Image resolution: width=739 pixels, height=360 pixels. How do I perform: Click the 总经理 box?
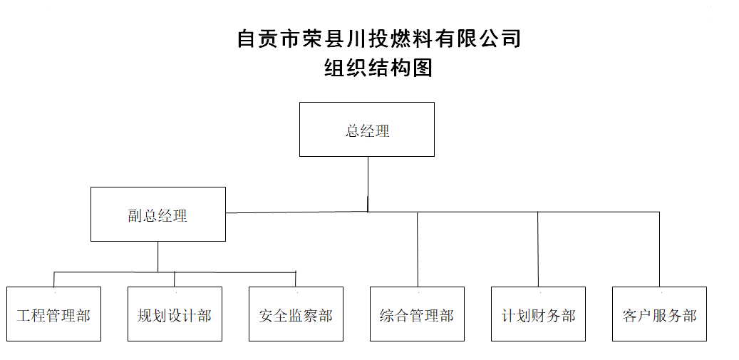click(x=367, y=129)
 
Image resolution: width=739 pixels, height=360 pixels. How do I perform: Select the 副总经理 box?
click(x=158, y=214)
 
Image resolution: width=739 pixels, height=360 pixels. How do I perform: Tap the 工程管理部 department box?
click(x=53, y=314)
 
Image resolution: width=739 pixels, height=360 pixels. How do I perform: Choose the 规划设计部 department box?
click(x=175, y=314)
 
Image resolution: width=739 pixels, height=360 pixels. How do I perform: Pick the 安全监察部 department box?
click(x=296, y=314)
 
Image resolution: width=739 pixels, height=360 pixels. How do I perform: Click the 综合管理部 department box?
click(x=417, y=314)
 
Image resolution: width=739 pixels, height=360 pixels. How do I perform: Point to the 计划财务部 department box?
click(x=538, y=314)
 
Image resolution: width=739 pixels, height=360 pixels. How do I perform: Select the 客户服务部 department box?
click(x=659, y=314)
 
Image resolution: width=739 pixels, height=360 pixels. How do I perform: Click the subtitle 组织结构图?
click(x=378, y=68)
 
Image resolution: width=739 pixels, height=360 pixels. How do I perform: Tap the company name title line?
click(x=378, y=38)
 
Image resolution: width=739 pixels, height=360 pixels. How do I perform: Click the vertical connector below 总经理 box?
click(x=368, y=183)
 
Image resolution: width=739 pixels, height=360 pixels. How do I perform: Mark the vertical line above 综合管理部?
click(x=418, y=250)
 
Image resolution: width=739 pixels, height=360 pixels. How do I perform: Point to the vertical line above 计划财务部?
click(x=538, y=250)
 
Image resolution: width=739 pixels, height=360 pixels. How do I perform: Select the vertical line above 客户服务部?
click(x=659, y=250)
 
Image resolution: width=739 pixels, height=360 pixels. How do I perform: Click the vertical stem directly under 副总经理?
click(x=158, y=256)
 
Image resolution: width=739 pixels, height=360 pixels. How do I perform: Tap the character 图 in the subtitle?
click(x=423, y=68)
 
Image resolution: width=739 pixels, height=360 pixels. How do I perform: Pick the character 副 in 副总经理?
click(x=135, y=216)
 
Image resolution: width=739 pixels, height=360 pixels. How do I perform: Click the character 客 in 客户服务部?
click(x=630, y=315)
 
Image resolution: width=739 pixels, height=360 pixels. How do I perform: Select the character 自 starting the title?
click(x=247, y=38)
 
